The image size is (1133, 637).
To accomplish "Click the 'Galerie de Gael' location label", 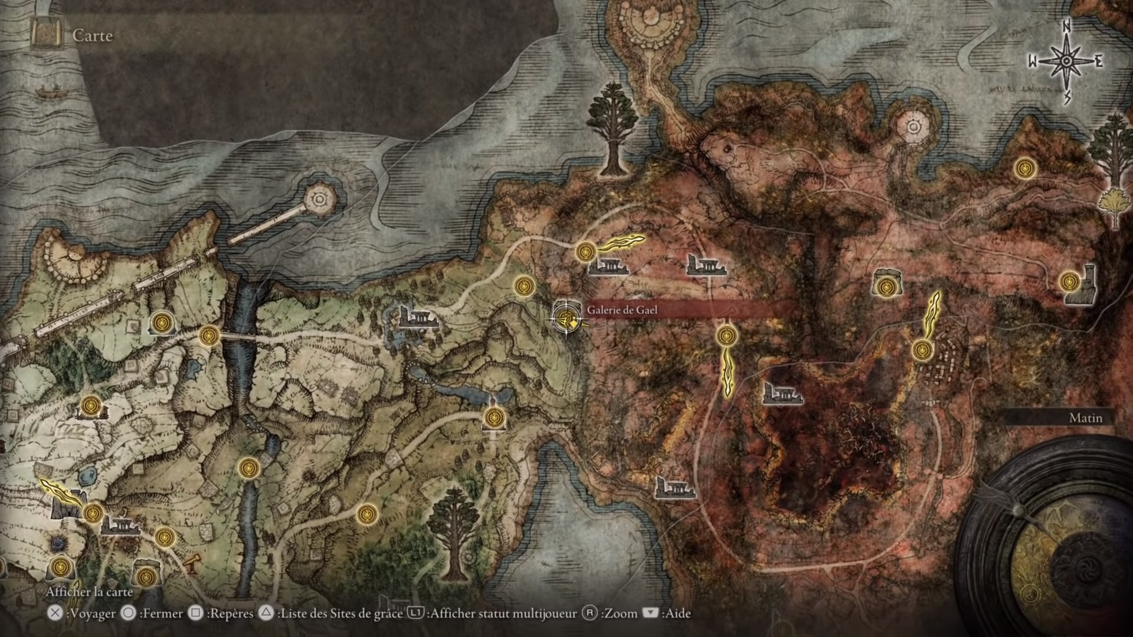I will coord(622,310).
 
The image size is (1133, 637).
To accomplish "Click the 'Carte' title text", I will coord(93,35).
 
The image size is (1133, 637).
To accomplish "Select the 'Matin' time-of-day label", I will coord(1085,418).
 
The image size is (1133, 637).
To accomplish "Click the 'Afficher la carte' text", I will coord(90,592).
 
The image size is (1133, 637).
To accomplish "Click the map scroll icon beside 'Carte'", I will coord(47,35).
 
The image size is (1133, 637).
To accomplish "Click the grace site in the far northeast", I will coord(1026,168).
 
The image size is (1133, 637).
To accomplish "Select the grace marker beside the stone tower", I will coord(1069,281).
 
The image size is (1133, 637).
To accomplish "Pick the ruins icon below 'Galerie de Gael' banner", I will coord(782,392).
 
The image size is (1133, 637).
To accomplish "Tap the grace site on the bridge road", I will coord(209,336).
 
